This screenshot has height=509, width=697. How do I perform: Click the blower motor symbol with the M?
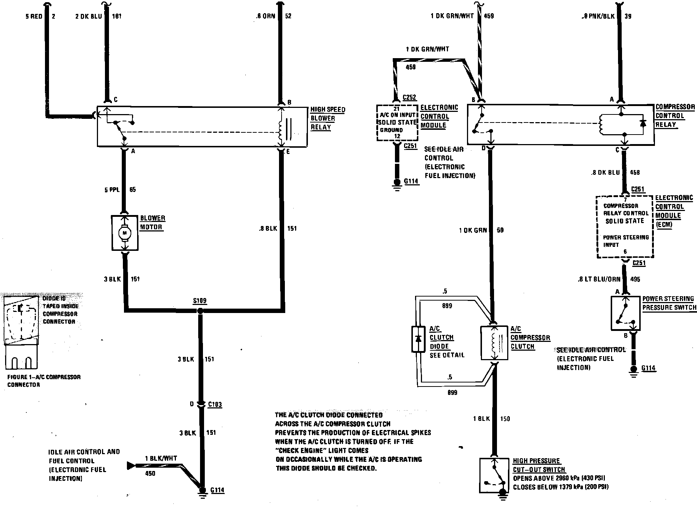click(x=125, y=233)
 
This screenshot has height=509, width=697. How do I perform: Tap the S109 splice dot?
click(x=200, y=311)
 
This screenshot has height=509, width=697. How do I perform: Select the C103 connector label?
click(x=215, y=404)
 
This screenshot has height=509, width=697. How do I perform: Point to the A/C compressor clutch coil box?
click(x=494, y=343)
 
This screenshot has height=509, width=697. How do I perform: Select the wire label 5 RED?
click(x=34, y=16)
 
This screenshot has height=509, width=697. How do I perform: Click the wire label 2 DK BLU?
click(x=88, y=16)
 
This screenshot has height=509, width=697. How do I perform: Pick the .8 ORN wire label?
click(x=266, y=16)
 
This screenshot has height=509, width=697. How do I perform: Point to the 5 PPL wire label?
click(x=112, y=190)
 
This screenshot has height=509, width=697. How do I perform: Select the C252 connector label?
click(x=409, y=98)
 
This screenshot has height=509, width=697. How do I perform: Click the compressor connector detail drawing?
click(x=21, y=331)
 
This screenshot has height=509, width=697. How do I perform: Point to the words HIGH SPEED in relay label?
click(x=328, y=109)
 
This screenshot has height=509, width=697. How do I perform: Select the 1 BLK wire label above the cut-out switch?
click(x=481, y=419)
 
